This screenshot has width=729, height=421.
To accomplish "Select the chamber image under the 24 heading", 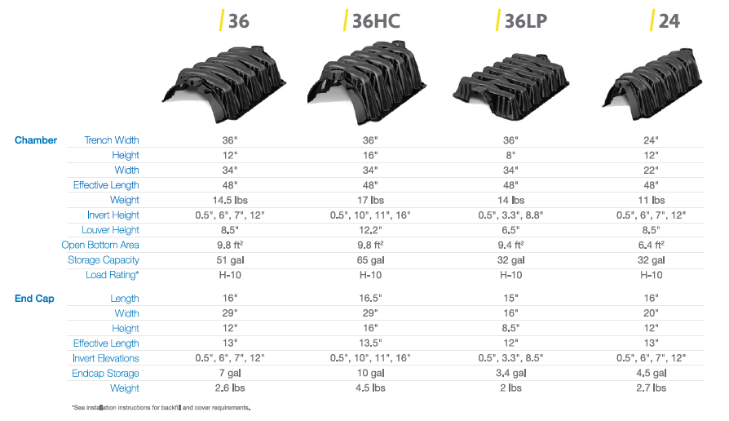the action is (x=652, y=83).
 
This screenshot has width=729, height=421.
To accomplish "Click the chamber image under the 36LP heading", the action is (x=511, y=86).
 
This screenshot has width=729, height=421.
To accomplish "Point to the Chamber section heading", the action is (x=36, y=140).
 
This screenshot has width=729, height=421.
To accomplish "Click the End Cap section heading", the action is (x=34, y=298).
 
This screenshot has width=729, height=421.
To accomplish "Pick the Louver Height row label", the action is (x=110, y=230).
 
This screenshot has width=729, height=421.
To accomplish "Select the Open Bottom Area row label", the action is (x=100, y=245).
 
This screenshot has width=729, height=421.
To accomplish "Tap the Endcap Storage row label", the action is (x=105, y=373).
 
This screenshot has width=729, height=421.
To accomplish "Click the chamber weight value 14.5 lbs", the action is (x=230, y=200).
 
